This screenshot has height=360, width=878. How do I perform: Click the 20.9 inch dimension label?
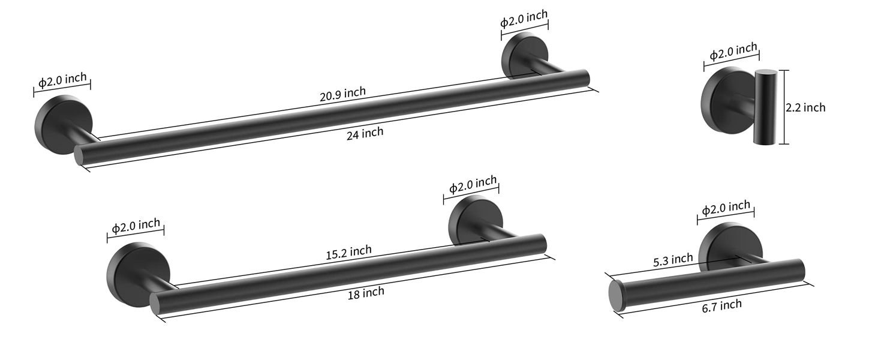tap(342, 94)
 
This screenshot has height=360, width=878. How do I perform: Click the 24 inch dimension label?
tap(365, 134)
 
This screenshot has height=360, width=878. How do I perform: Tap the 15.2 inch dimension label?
tap(348, 252)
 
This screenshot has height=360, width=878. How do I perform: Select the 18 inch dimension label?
tap(366, 293)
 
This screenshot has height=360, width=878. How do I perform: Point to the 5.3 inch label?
tap(673, 260)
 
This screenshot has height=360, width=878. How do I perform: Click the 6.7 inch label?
tap(721, 306)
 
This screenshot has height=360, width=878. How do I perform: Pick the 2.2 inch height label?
tap(805, 107)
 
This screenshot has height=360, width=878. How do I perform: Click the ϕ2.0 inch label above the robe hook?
tap(733, 52)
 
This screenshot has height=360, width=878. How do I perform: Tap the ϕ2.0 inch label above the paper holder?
tap(726, 208)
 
